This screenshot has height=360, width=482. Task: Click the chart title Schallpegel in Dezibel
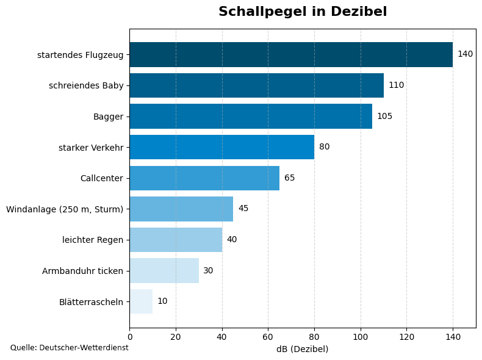coord(303,12)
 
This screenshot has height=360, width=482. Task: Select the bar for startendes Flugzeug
coord(291,54)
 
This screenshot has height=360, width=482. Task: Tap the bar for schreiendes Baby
coord(256,85)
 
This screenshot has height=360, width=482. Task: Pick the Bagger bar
coord(251,116)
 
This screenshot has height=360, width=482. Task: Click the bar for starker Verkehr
coord(221,147)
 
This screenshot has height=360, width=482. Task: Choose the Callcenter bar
coord(204,178)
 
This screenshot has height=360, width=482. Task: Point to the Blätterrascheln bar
coord(141,301)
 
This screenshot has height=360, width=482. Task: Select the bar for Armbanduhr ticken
coord(164,270)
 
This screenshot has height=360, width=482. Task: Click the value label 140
coord(465,54)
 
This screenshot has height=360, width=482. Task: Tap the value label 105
coord(384,116)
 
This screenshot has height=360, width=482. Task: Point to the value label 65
coord(289,178)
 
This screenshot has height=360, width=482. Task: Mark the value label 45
coord(243,209)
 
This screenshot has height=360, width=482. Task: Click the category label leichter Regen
coord(93,240)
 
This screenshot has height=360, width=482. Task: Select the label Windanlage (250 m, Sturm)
coord(65,209)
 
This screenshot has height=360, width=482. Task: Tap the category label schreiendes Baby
coord(86,85)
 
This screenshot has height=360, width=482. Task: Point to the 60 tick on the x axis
coord(268,336)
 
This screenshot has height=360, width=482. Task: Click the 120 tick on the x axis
coord(406,336)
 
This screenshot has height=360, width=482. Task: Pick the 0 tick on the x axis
coord(129,336)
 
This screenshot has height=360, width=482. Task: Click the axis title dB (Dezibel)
coord(303,349)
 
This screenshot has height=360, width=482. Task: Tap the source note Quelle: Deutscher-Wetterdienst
coord(70,348)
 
